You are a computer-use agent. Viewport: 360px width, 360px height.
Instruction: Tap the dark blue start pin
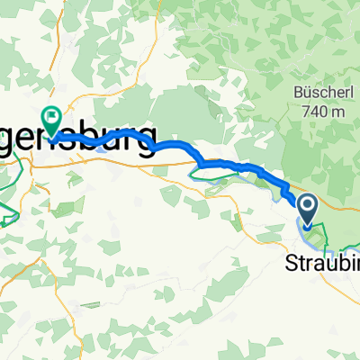[307, 210]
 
